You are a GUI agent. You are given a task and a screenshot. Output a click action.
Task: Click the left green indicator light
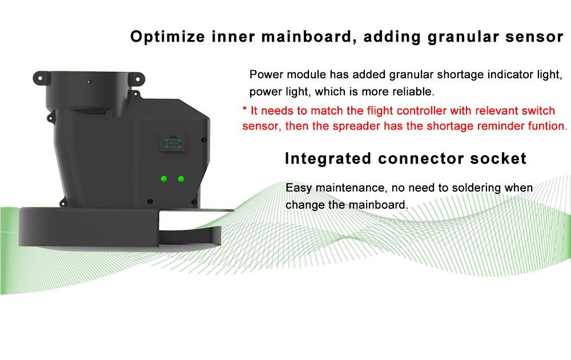[164, 179]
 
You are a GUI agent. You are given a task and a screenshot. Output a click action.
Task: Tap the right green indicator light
[181, 179]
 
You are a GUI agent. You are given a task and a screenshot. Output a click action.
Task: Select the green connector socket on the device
[173, 141]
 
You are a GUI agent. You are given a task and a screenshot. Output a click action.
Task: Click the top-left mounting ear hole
[40, 78]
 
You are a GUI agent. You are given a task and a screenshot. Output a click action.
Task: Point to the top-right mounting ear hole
[138, 79]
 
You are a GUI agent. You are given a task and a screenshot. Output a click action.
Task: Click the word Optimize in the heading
[167, 37]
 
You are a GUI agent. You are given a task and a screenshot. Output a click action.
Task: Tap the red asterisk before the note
[245, 109]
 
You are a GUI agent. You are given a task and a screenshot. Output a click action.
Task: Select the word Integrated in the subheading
[328, 159]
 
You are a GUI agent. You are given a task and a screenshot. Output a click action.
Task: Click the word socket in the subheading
[498, 159]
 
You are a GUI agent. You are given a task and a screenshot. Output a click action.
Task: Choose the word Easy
[299, 188]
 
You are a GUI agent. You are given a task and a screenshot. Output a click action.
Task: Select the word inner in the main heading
[234, 37]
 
